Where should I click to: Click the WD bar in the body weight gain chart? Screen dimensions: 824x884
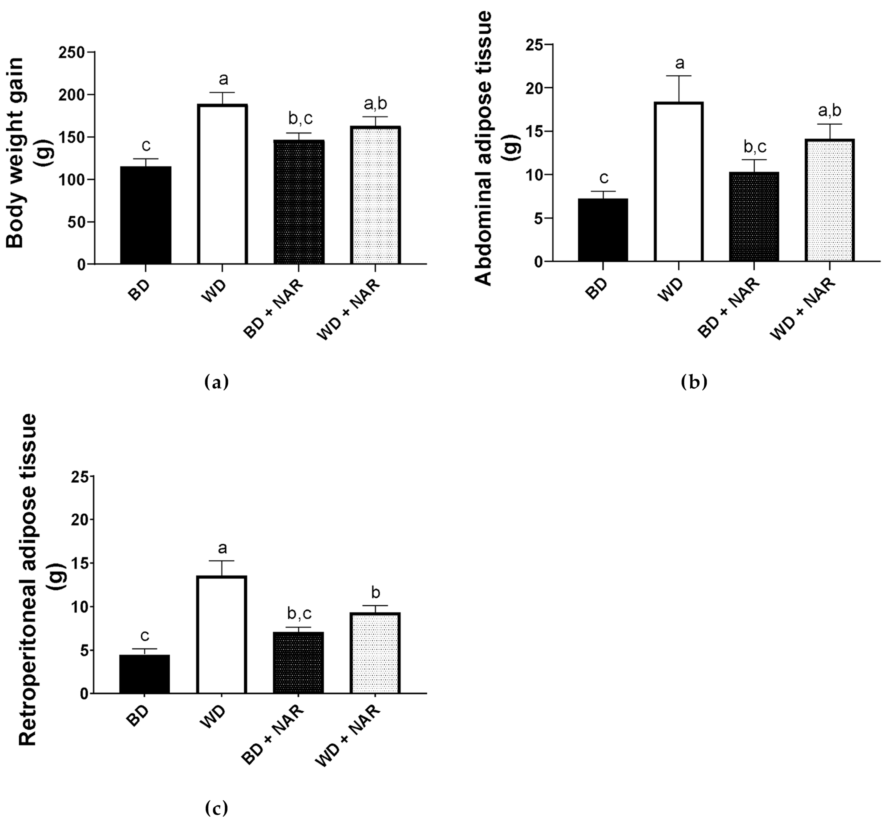coord(222,184)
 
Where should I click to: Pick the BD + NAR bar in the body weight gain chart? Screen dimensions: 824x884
coord(299,202)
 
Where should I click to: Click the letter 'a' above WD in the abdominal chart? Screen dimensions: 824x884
coord(680,64)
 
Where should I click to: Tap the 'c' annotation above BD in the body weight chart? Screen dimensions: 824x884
coord(146,145)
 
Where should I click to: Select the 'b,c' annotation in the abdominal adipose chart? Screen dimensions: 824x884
coord(755,147)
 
